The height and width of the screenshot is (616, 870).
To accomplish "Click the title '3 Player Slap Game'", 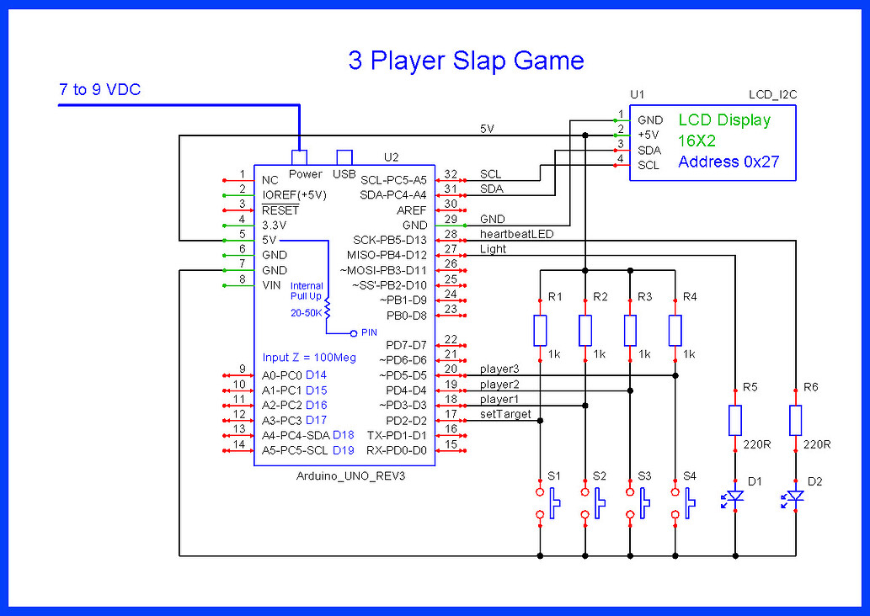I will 466,61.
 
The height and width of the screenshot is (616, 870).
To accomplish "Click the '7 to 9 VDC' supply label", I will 100,89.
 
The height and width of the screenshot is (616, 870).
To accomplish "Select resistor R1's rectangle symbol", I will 541,331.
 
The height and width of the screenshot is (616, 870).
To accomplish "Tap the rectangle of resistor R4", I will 675,331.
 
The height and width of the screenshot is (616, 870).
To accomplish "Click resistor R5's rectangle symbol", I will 736,419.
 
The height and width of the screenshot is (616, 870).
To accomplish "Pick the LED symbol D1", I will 735,498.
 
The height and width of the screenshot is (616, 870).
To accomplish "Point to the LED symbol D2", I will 795,498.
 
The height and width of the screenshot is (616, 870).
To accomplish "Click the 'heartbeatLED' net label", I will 516,234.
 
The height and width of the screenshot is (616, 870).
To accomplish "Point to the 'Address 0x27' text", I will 729,162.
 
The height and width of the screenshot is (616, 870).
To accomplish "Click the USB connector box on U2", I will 344,157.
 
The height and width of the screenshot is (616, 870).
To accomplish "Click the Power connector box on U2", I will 298,157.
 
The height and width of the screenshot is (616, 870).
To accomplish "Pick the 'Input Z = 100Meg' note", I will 309,358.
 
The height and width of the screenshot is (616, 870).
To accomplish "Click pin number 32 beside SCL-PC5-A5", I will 451,174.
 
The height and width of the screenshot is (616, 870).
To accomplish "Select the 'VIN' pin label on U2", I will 271,284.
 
